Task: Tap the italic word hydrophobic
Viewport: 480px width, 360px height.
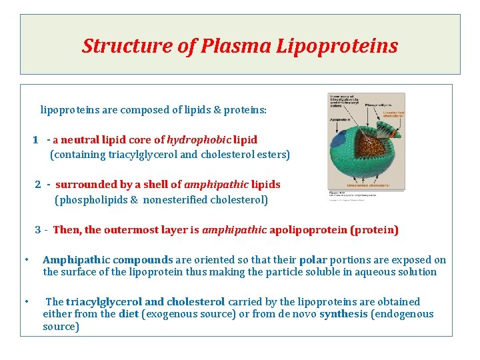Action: [x=198, y=140]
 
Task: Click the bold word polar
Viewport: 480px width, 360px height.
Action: [x=313, y=260]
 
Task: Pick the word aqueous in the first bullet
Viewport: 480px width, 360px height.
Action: [x=374, y=272]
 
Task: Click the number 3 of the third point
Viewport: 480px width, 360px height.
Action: [x=38, y=230]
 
